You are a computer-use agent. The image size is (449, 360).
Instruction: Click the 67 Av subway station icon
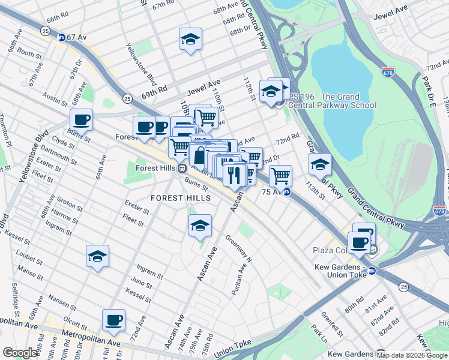(61, 37)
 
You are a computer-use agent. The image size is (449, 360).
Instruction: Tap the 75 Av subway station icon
(287, 192)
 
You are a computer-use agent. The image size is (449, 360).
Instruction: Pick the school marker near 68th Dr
(190, 40)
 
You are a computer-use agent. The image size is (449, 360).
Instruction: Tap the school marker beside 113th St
(320, 164)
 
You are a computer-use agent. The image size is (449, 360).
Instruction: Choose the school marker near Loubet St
(97, 256)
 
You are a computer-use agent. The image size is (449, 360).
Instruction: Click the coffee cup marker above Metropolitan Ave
(113, 320)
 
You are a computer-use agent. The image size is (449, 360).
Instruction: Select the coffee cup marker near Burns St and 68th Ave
(81, 119)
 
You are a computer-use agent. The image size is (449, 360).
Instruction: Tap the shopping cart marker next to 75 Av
(280, 176)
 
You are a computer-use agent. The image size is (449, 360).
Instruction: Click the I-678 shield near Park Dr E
(387, 72)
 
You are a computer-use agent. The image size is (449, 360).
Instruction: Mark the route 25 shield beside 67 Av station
(45, 30)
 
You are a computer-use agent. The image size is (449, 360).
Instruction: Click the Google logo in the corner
(20, 353)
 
